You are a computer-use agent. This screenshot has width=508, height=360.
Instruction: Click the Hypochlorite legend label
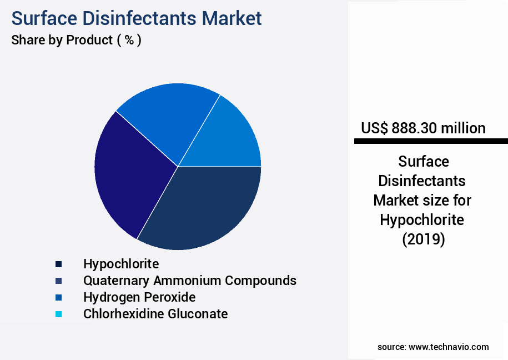121,264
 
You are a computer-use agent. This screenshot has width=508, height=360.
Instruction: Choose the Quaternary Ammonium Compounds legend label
189,281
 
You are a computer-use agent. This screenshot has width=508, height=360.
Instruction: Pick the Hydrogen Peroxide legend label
139,297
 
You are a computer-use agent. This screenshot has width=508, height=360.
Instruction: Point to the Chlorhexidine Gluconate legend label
155,314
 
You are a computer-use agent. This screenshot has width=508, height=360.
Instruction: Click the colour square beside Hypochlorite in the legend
58,264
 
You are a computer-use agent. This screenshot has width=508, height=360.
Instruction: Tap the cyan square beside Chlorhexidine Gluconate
58,314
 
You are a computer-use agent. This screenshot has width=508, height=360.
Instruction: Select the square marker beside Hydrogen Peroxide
58,297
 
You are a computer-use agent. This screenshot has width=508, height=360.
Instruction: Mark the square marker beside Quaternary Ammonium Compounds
58,281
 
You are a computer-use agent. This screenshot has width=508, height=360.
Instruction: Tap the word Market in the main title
232,18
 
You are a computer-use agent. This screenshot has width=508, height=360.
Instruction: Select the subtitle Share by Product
62,40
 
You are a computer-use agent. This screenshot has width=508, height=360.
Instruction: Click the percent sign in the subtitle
129,40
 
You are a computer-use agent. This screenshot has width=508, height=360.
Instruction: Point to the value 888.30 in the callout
414,128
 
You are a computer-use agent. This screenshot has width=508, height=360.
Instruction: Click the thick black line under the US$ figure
430,142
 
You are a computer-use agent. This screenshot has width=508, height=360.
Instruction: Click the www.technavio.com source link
449,347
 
